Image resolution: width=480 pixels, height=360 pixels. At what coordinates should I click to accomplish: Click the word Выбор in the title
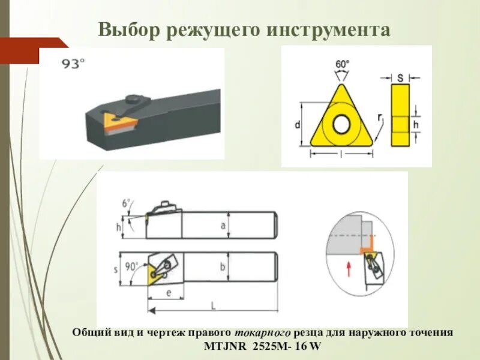pos(125,29)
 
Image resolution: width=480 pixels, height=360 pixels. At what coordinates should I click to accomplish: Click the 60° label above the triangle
pos(342,64)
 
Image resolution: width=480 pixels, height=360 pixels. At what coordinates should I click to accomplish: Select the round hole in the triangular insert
pos(341,124)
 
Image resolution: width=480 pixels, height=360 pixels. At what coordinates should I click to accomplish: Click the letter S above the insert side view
pos(400,77)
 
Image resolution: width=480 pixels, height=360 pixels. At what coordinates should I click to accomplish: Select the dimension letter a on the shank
pos(223,225)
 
